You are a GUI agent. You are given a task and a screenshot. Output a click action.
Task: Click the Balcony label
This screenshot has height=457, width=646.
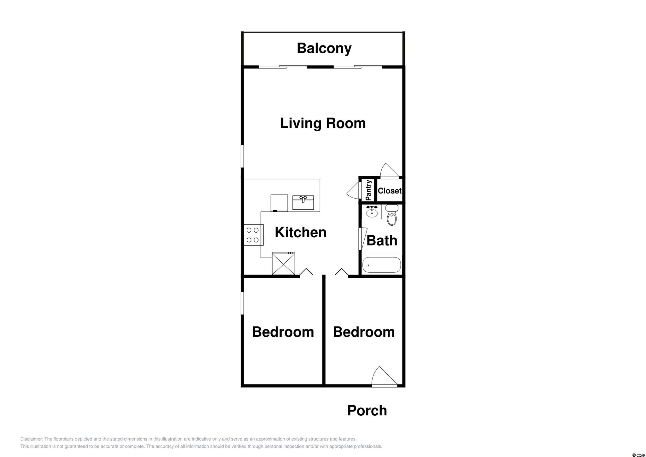click(x=324, y=48)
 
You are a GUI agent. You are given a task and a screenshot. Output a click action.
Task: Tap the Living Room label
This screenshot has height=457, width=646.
click(x=323, y=123)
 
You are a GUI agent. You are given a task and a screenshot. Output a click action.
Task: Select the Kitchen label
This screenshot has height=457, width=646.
click(x=300, y=232)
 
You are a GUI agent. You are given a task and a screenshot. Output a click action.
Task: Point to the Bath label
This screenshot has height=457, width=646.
click(x=382, y=240)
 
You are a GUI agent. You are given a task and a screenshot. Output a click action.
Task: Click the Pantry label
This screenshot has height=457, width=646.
click(x=368, y=190)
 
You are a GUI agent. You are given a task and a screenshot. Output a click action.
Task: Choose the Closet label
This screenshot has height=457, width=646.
click(x=390, y=191)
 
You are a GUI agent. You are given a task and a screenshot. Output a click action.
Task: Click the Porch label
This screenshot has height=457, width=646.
click(x=367, y=411)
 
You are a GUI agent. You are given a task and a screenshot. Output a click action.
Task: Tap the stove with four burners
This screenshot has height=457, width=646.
click(x=254, y=235)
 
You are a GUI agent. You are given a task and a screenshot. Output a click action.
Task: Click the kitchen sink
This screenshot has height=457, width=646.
click(x=303, y=202)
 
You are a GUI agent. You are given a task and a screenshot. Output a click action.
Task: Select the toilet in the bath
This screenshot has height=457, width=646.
click(x=392, y=214)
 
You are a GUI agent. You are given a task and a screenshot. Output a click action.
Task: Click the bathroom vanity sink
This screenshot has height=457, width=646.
click(x=372, y=211)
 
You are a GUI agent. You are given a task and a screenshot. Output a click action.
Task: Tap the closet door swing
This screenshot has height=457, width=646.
click(x=389, y=171)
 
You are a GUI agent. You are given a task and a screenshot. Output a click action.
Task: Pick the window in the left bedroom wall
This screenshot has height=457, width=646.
click(x=242, y=303)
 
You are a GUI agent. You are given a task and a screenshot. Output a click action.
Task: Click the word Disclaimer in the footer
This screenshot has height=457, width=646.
click(x=31, y=439)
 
